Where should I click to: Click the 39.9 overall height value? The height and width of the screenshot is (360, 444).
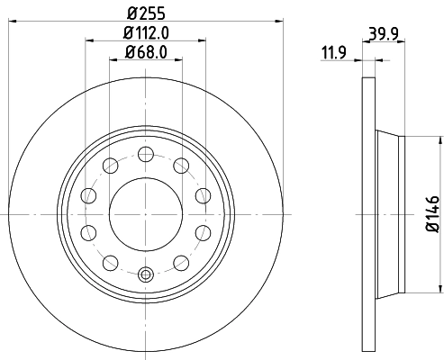tap(383, 34)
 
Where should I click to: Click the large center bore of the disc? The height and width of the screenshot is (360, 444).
tap(144, 214)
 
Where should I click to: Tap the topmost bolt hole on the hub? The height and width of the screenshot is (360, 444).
tap(144, 153)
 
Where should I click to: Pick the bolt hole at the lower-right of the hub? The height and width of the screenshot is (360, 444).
tap(180, 263)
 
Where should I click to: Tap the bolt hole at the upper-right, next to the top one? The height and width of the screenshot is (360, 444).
tap(180, 165)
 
